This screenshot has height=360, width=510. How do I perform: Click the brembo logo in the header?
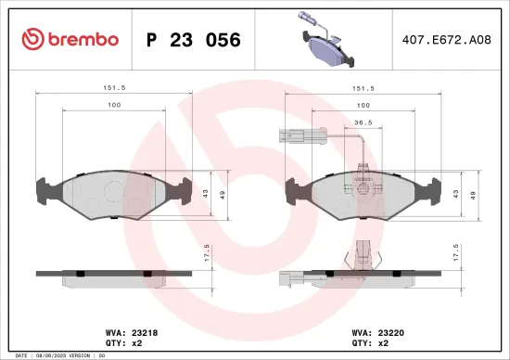pos(70,39)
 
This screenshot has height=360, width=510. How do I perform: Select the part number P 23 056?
pos(194,40)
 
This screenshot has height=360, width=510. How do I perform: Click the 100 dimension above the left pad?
pos(114,106)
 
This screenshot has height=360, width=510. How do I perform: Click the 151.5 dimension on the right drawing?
pos(363,90)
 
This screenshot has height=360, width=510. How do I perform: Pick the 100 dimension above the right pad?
pos(363,106)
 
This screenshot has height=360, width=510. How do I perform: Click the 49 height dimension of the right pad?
pos(474,195)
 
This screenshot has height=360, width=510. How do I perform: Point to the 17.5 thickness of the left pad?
pos(208,251)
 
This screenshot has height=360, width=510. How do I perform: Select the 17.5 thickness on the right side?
pos(455,251)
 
